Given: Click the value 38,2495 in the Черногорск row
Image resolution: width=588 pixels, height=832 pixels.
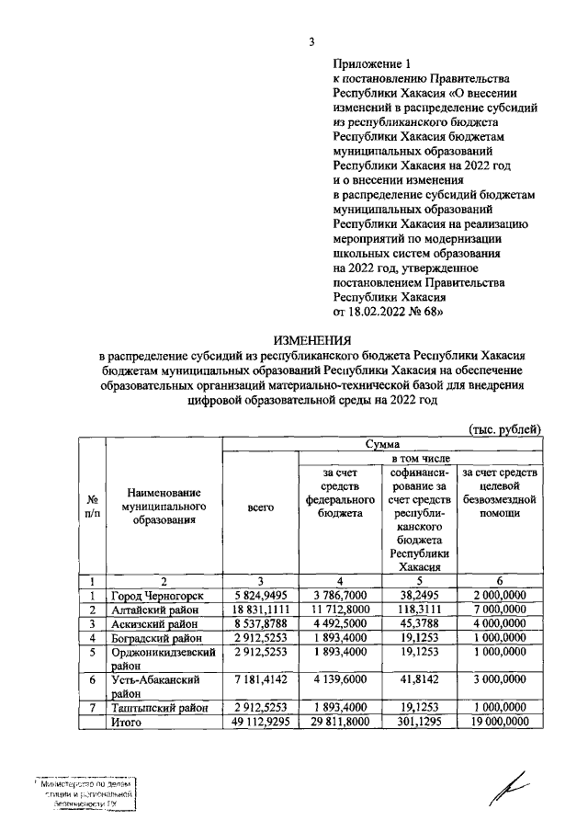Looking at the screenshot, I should click(x=418, y=595).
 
